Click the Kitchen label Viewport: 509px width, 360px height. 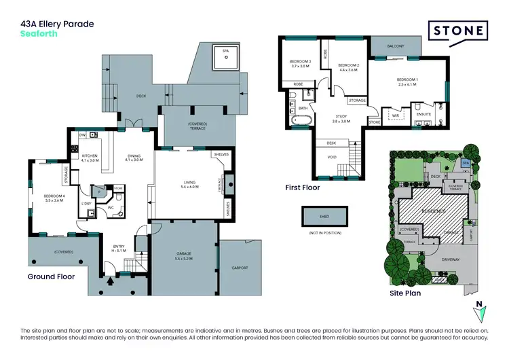90,158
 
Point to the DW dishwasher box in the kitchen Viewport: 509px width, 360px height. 82,136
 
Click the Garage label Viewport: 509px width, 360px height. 184,257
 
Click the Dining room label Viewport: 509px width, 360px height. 134,158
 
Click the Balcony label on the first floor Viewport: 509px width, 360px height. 396,46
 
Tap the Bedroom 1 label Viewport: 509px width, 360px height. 407,82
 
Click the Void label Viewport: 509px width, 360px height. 331,158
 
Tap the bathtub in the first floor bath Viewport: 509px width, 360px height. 300,122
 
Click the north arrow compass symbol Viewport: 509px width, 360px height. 481,311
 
